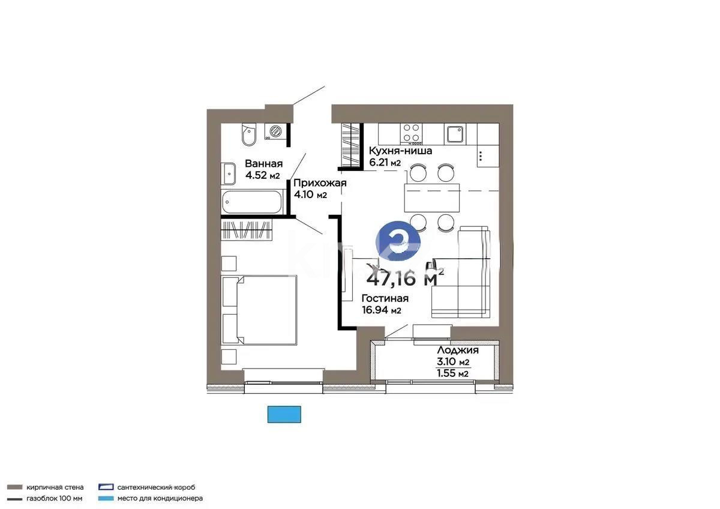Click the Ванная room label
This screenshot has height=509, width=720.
263,164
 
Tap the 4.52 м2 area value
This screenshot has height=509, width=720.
262,176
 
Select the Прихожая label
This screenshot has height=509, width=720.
320,183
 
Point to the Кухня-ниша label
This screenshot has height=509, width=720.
400,151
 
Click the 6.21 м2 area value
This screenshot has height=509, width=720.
385,163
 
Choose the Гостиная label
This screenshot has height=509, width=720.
385,298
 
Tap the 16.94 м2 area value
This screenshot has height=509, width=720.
381,310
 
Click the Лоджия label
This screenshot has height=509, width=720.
457,351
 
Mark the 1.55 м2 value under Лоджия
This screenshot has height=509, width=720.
453,373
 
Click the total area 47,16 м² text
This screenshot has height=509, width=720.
405,278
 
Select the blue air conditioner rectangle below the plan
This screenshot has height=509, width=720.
284,414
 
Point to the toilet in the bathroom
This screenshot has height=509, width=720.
248,134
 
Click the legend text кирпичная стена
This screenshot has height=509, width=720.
54,487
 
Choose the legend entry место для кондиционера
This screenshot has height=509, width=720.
160,498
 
